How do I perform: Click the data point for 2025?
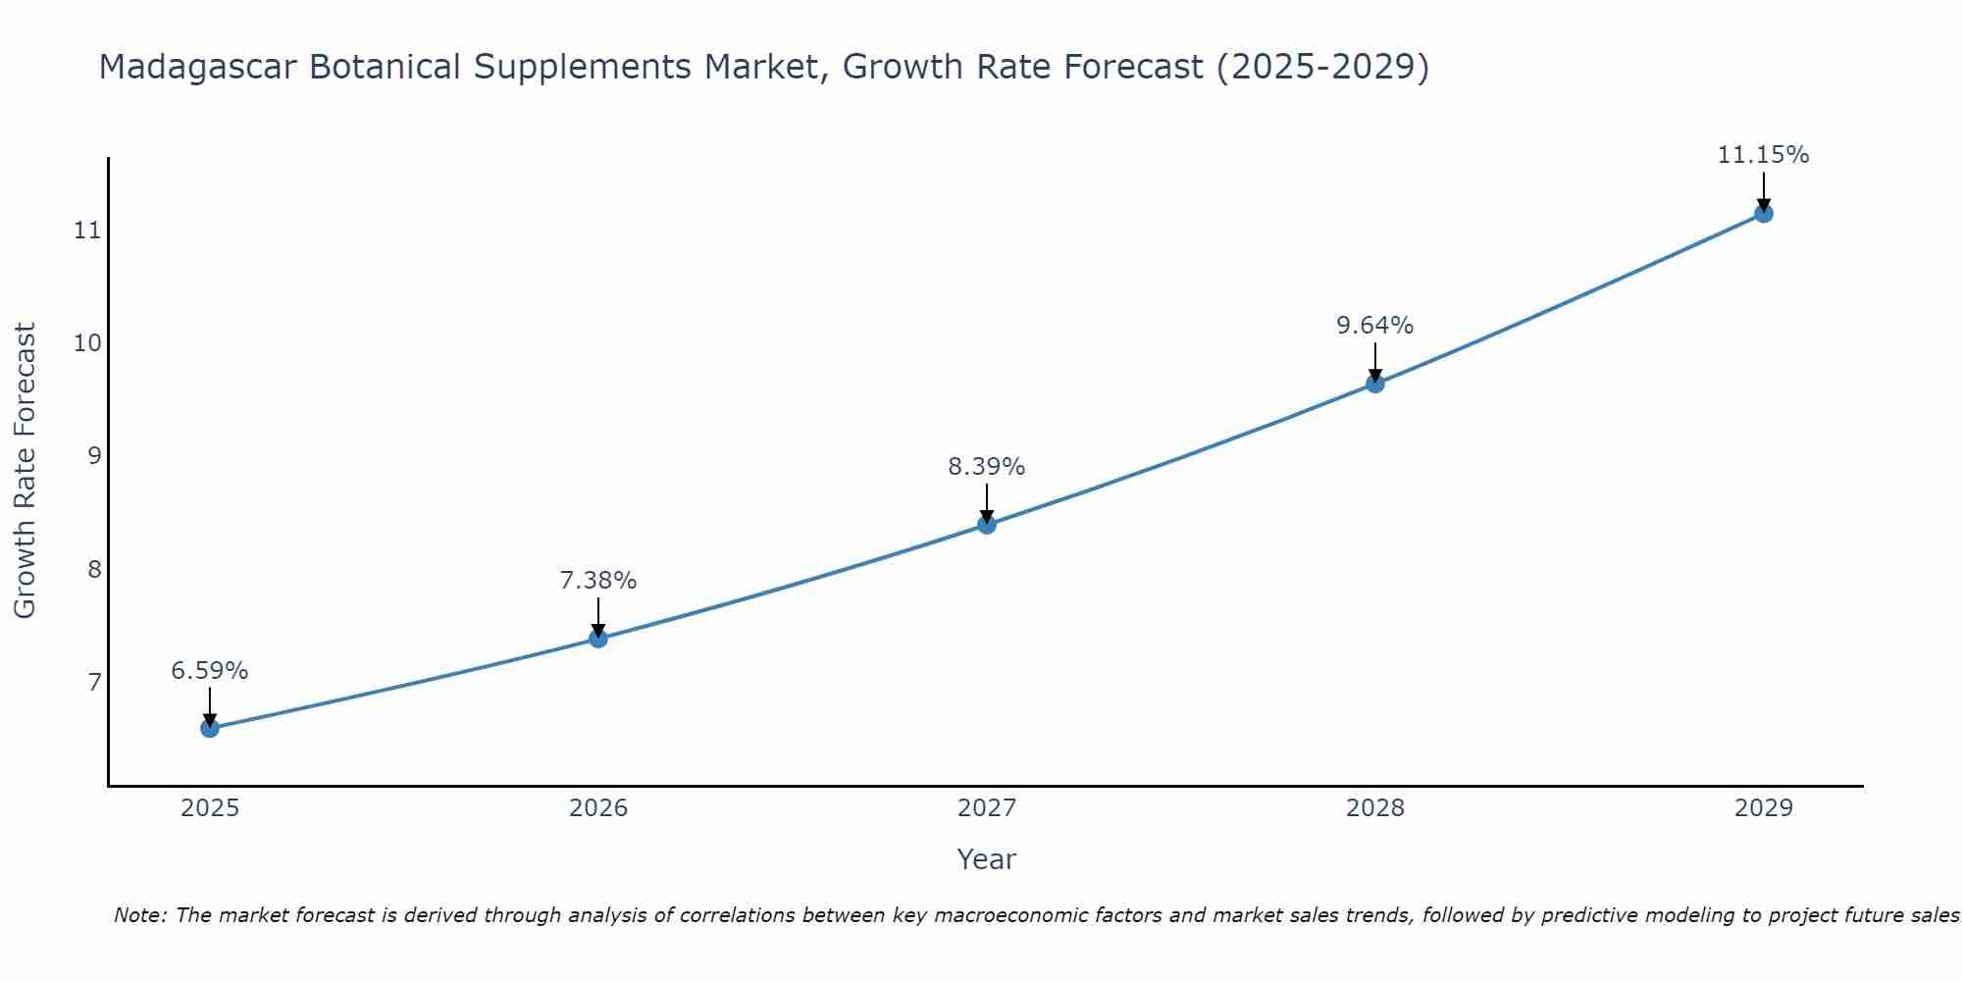pos(210,728)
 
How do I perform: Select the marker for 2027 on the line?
pos(987,525)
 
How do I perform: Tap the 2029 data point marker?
pos(1763,213)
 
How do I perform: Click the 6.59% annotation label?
pos(210,671)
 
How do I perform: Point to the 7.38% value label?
pos(598,581)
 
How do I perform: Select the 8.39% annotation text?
pos(987,467)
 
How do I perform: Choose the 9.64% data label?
pos(1375,326)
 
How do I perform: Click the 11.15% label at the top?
pos(1763,155)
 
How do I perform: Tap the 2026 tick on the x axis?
pos(598,808)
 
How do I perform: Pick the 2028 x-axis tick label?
pos(1375,808)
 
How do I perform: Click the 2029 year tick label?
pos(1763,808)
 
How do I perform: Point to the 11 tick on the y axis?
pos(87,231)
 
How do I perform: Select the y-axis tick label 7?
pos(94,682)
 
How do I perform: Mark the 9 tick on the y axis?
pos(94,456)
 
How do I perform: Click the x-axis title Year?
pos(987,859)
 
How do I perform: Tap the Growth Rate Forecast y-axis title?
pos(26,471)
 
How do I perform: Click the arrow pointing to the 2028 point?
pos(1375,361)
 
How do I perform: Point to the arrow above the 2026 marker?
pos(598,616)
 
